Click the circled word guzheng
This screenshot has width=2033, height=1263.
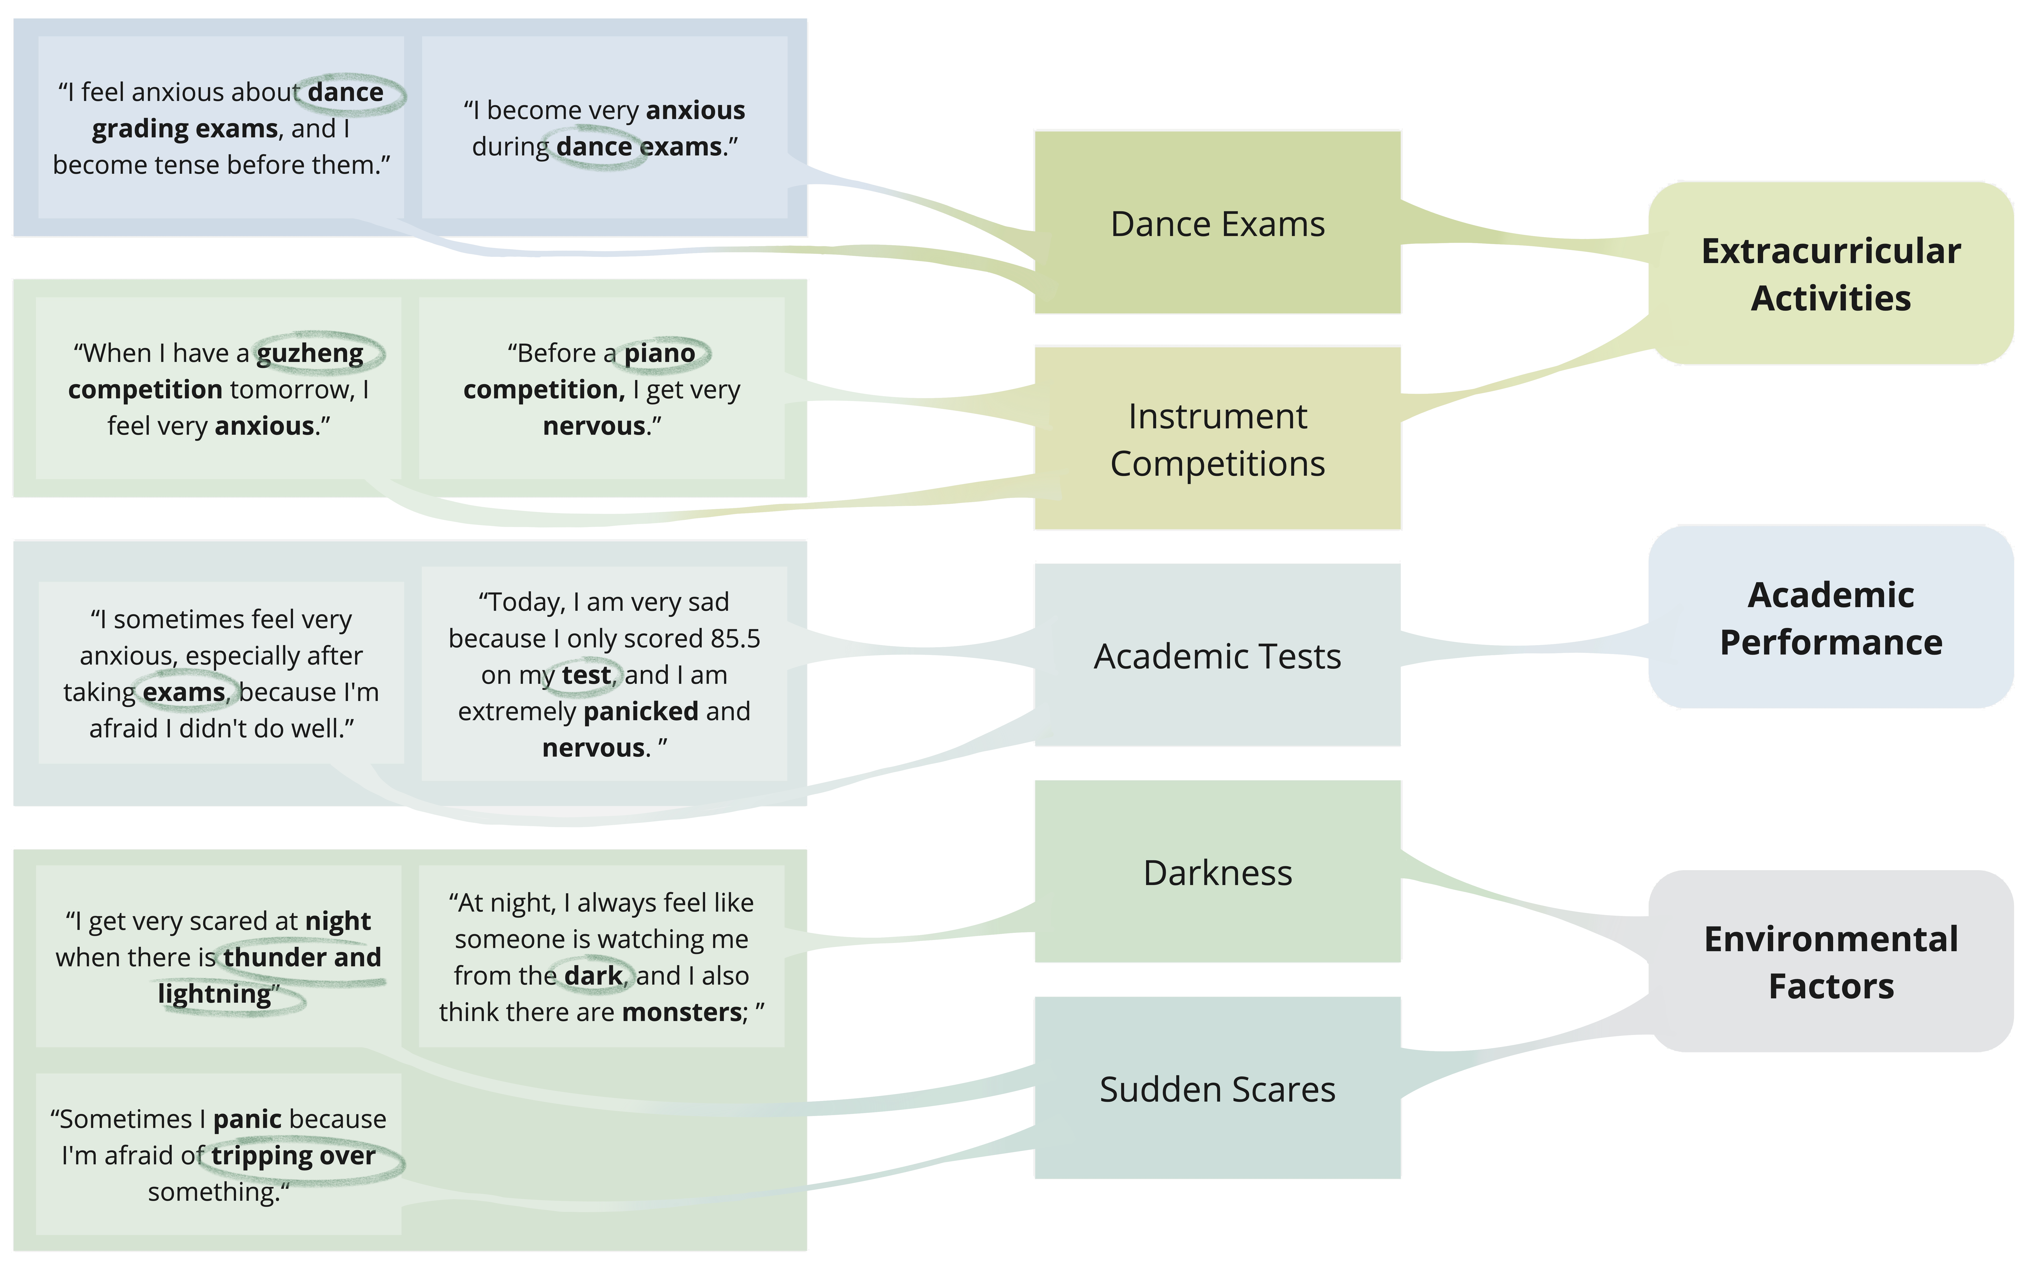click(310, 353)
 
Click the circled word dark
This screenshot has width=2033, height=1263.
click(593, 976)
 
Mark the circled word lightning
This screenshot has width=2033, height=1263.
click(215, 994)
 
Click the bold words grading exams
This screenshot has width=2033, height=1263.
click(185, 129)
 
